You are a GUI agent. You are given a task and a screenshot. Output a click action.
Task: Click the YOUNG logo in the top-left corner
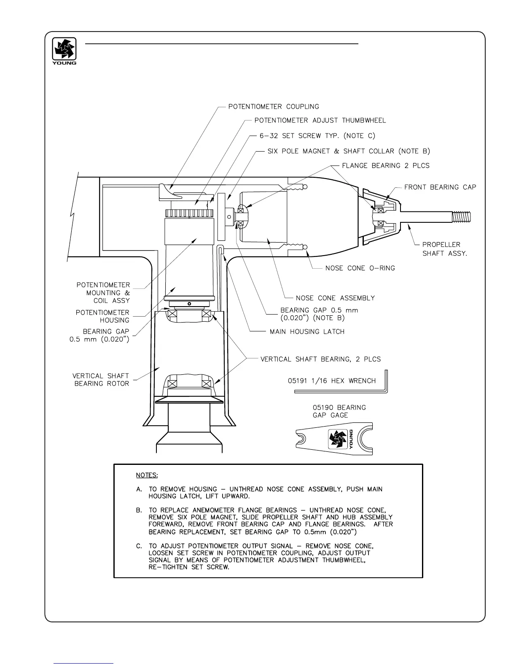click(x=64, y=51)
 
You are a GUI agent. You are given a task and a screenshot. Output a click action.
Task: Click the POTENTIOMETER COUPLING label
click(x=274, y=107)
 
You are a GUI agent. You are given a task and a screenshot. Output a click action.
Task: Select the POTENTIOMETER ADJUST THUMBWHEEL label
click(x=320, y=120)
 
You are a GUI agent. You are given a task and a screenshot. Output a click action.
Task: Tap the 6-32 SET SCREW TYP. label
click(x=317, y=136)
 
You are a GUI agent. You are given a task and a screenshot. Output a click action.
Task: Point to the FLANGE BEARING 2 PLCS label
click(x=385, y=165)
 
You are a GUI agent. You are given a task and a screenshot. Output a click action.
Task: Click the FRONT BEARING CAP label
click(x=440, y=187)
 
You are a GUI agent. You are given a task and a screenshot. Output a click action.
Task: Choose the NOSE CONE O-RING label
click(x=360, y=268)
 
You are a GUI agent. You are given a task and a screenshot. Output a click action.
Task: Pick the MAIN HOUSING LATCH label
click(x=307, y=331)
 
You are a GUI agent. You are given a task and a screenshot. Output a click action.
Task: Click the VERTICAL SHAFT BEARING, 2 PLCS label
click(x=320, y=359)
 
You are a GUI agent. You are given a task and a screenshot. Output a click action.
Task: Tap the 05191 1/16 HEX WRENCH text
click(x=331, y=381)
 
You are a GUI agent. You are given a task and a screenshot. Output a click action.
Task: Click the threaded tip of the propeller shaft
click(x=461, y=217)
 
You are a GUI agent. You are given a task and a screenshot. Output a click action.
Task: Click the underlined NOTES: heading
click(x=147, y=475)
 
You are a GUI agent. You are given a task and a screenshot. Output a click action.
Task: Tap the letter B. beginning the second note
click(x=139, y=510)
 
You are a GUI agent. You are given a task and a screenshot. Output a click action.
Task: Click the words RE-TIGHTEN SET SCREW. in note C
click(x=189, y=567)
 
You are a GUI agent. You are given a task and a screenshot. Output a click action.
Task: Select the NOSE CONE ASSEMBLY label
click(x=335, y=298)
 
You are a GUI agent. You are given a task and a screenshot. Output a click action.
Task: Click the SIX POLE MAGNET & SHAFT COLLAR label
click(x=349, y=151)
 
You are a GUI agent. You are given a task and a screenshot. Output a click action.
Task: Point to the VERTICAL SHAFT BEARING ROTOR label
click(x=100, y=379)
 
